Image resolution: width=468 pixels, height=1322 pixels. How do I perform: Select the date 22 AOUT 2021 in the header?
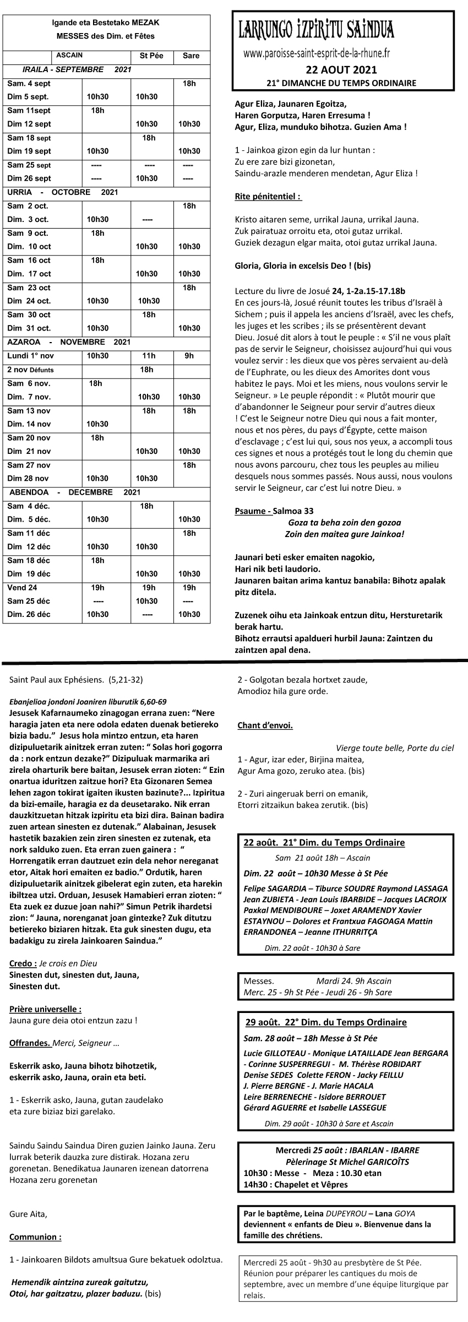341,69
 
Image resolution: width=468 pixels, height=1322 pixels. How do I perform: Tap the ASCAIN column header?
69,55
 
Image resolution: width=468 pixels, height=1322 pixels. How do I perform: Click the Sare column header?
191,56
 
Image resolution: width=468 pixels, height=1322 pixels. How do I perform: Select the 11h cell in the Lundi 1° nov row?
149,356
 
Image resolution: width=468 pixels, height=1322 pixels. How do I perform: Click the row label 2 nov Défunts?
31,370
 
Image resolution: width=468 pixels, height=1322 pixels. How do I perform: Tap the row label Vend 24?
23,587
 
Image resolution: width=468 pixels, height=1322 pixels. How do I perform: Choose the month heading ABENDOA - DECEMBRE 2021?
74,492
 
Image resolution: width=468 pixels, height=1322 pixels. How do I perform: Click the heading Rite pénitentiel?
268,196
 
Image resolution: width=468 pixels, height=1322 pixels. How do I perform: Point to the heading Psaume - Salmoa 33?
274,511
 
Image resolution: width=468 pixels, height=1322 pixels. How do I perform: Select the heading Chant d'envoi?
265,725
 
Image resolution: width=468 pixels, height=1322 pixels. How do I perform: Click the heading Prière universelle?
46,1009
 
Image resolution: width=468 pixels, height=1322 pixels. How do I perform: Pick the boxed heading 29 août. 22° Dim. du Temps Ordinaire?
326,1022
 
